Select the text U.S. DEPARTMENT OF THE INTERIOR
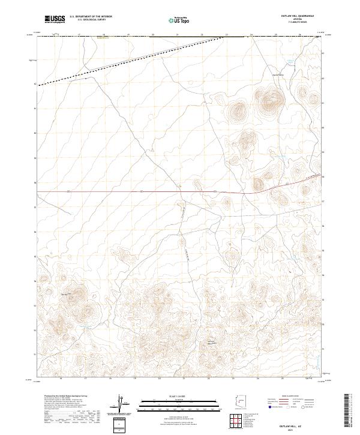coord(90,17)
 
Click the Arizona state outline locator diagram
coord(238,404)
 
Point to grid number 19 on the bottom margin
coord(134,379)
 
